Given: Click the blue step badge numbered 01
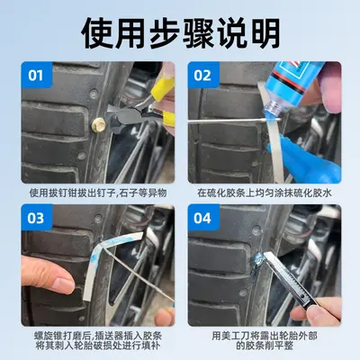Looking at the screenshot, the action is pyautogui.click(x=37, y=75).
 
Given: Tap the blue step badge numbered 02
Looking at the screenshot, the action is pyautogui.click(x=203, y=75).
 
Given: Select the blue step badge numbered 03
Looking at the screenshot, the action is pyautogui.click(x=37, y=218).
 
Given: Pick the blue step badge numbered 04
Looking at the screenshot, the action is pyautogui.click(x=203, y=218).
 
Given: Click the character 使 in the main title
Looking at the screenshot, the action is pyautogui.click(x=97, y=33).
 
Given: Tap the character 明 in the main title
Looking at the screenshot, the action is pyautogui.click(x=263, y=33).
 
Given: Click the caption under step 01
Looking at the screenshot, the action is pyautogui.click(x=98, y=193).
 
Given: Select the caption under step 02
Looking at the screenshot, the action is pyautogui.click(x=265, y=193).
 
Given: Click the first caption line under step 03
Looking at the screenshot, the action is pyautogui.click(x=98, y=336).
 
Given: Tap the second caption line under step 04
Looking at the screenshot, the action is pyautogui.click(x=265, y=346).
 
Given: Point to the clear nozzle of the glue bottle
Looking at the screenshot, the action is pyautogui.click(x=273, y=107).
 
